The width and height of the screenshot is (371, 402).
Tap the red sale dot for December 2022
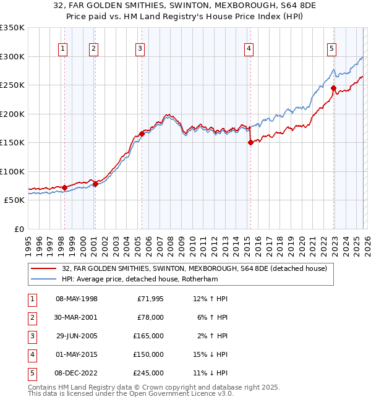tap(333, 88)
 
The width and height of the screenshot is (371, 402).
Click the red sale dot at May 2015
tap(250, 142)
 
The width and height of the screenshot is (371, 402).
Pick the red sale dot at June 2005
tap(142, 134)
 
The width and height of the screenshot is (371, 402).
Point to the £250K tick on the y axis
tap(12, 85)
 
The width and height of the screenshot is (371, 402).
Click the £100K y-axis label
tap(12, 171)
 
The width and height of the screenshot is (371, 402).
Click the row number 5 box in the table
tap(30, 373)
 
